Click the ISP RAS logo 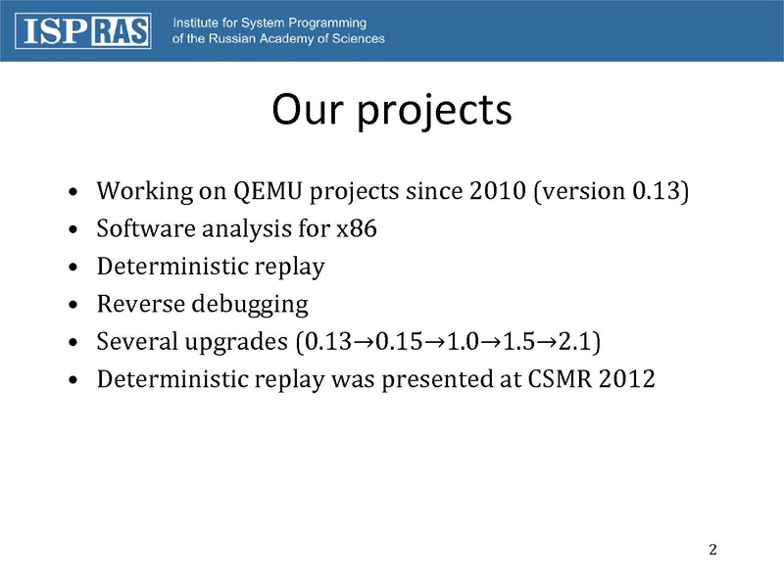pos(83,31)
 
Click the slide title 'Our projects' pos(392,111)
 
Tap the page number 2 pos(713,550)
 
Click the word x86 pos(357,228)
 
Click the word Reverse pos(141,304)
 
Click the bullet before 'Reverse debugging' pos(73,304)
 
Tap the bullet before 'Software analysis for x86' pos(73,229)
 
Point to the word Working pos(145,192)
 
